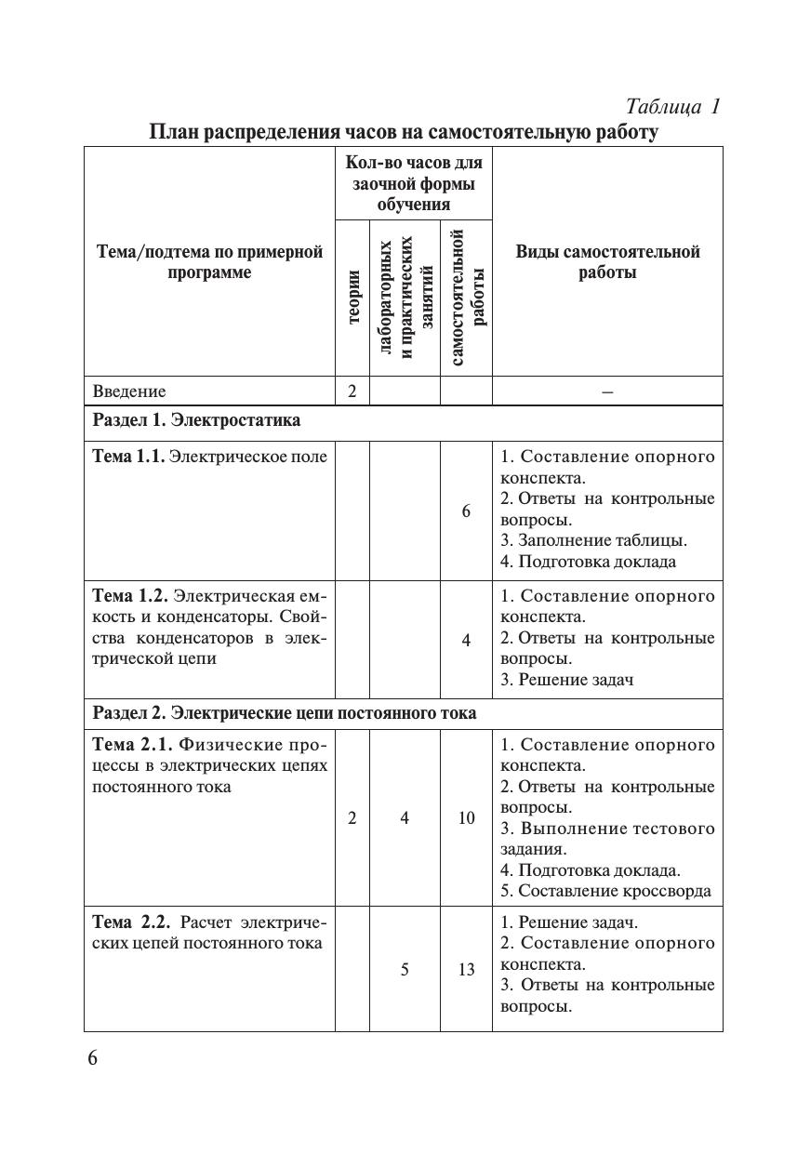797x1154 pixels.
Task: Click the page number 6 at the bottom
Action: point(92,1059)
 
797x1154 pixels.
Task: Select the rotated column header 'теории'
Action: point(352,298)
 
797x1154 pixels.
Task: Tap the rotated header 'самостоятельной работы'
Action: point(466,297)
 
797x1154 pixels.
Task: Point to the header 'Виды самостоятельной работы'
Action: point(607,262)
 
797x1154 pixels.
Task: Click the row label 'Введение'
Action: point(129,391)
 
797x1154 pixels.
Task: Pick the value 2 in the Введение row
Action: point(352,391)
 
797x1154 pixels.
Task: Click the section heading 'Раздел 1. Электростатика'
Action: point(197,420)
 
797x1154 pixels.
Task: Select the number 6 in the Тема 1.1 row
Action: point(466,511)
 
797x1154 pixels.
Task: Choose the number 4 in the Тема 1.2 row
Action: point(466,639)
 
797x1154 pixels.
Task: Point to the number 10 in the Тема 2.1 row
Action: point(466,818)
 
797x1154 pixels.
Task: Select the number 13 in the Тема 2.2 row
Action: point(466,970)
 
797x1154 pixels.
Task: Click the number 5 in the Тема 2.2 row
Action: point(405,970)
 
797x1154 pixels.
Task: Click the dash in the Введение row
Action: point(607,392)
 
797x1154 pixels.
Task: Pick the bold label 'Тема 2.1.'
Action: point(132,745)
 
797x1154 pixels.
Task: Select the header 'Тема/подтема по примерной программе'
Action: point(209,262)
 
